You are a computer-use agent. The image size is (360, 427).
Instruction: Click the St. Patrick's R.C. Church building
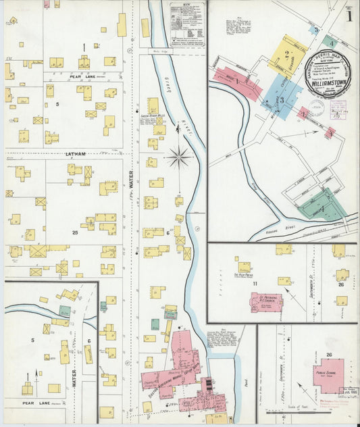tap(266, 301)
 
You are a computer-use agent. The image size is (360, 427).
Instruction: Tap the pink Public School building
tap(328, 376)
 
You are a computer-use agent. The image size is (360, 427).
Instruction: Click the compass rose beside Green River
tap(180, 158)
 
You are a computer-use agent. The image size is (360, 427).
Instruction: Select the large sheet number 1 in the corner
tap(349, 14)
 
